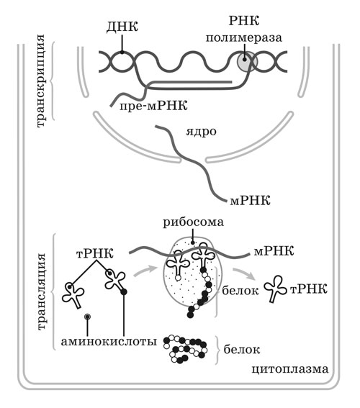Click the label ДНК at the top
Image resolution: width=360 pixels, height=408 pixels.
[x=122, y=27]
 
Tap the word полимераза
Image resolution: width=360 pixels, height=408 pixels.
[x=244, y=37]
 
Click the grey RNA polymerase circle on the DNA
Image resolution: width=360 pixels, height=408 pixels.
[x=247, y=62]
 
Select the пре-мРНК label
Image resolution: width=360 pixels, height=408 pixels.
[x=153, y=106]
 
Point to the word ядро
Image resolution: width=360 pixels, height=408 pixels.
[x=201, y=132]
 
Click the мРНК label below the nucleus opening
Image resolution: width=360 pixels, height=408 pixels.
[x=250, y=201]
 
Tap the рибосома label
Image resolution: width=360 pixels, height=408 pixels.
[x=193, y=223]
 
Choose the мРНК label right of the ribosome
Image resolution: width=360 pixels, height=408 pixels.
[x=274, y=251]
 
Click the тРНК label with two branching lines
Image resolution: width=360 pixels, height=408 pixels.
[x=95, y=253]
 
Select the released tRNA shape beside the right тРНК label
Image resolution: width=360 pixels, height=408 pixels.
[x=275, y=289]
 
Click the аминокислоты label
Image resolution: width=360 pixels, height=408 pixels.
[x=109, y=341]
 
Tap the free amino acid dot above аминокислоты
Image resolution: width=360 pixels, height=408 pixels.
[x=87, y=317]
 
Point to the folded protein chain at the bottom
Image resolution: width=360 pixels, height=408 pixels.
[x=185, y=349]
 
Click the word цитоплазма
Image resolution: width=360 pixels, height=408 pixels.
[x=290, y=369]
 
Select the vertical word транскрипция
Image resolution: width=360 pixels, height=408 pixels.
[x=40, y=81]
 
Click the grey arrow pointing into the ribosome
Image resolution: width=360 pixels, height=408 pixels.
[x=145, y=271]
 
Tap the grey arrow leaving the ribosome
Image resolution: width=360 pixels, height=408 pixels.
[x=244, y=273]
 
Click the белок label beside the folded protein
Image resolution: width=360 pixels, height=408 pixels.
[x=242, y=350]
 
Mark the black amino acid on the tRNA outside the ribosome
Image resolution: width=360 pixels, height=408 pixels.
[x=124, y=291]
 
